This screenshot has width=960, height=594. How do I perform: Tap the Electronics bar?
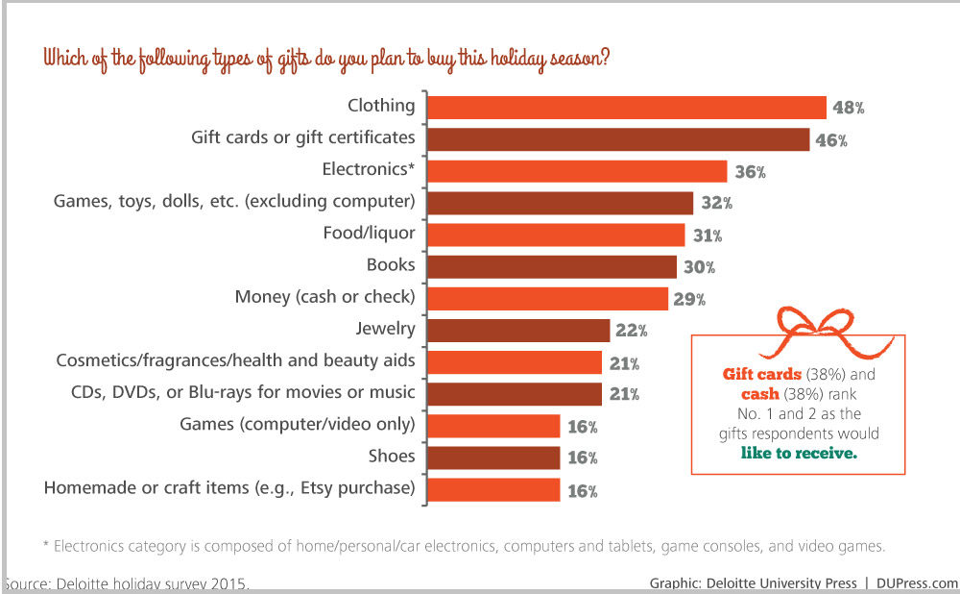[x=576, y=171]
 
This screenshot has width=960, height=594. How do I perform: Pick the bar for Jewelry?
[x=517, y=331]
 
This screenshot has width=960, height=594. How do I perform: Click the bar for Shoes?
[x=492, y=458]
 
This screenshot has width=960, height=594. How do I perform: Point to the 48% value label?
[x=848, y=109]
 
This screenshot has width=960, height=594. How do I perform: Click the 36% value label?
[x=748, y=172]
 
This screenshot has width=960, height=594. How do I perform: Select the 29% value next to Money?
[x=688, y=299]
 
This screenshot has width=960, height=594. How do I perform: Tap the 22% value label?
[x=631, y=331]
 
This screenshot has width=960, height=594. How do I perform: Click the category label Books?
[x=391, y=264]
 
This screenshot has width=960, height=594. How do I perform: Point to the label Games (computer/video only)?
[x=298, y=424]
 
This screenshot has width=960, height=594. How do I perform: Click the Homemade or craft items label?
[x=229, y=488]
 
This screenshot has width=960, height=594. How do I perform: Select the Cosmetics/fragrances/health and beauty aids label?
[x=235, y=360]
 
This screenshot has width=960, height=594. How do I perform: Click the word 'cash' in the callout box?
[x=759, y=394]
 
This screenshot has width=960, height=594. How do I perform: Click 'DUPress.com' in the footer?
[x=918, y=582]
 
